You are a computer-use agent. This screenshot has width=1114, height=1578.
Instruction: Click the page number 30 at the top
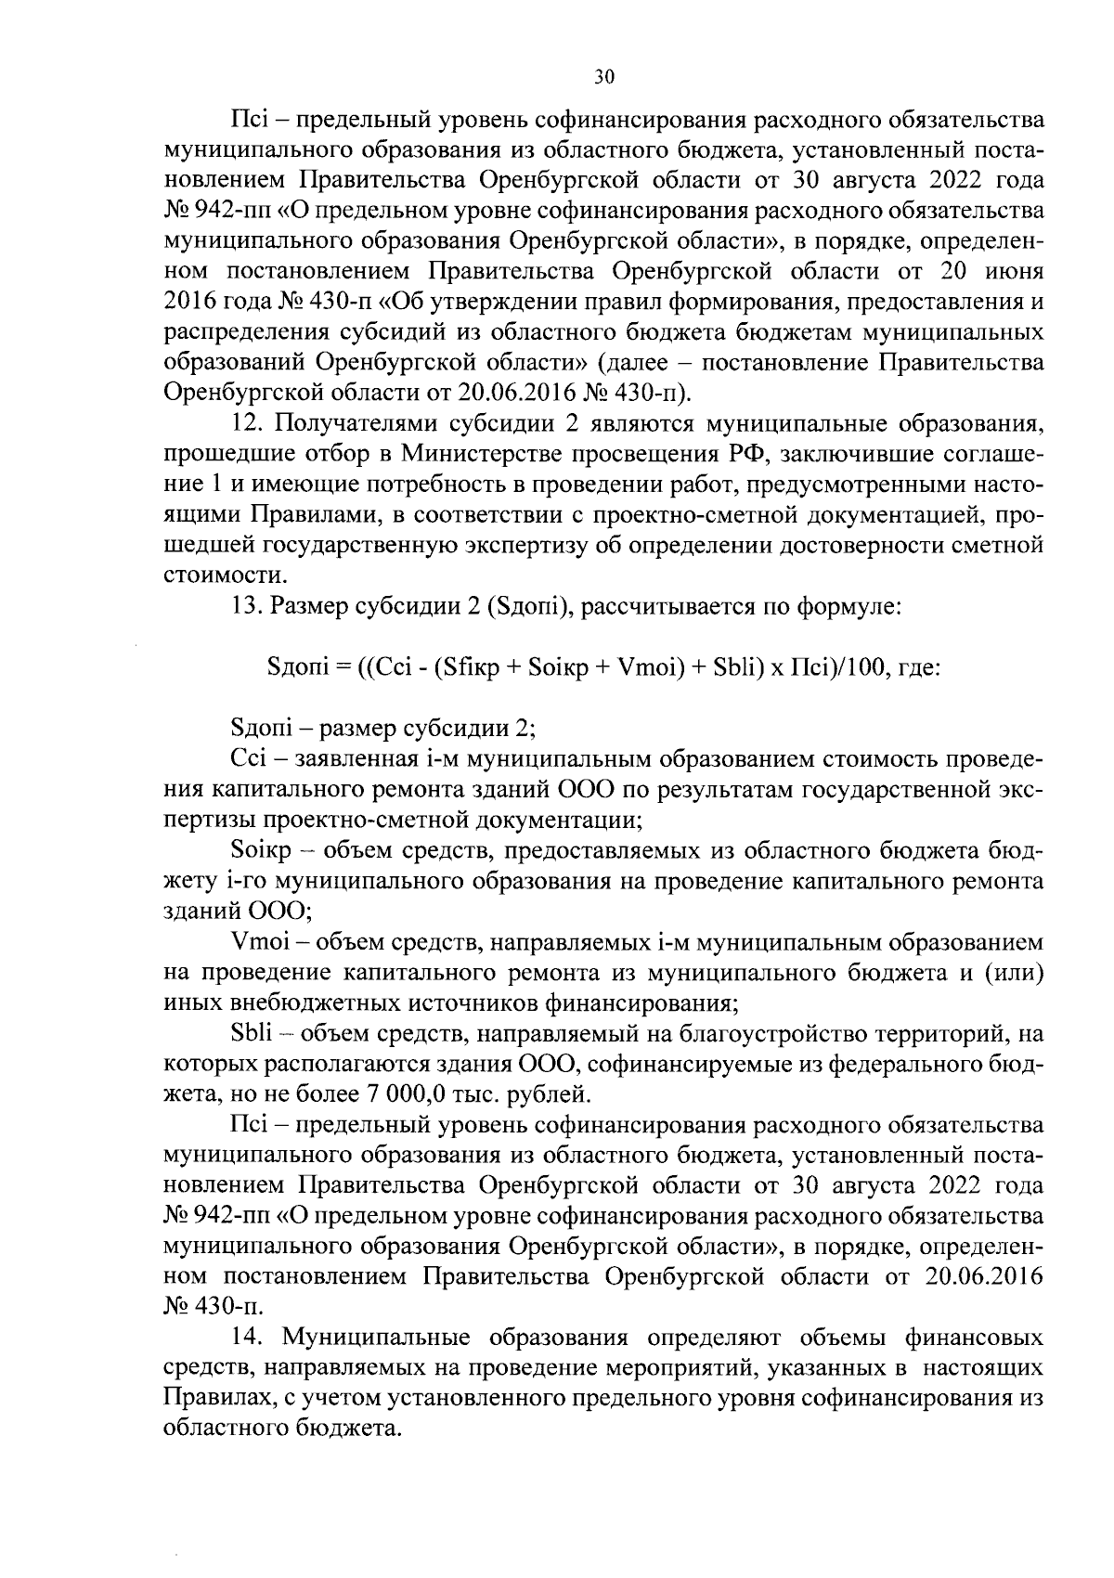[x=603, y=78]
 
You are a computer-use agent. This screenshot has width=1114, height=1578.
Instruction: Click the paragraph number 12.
[x=248, y=424]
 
